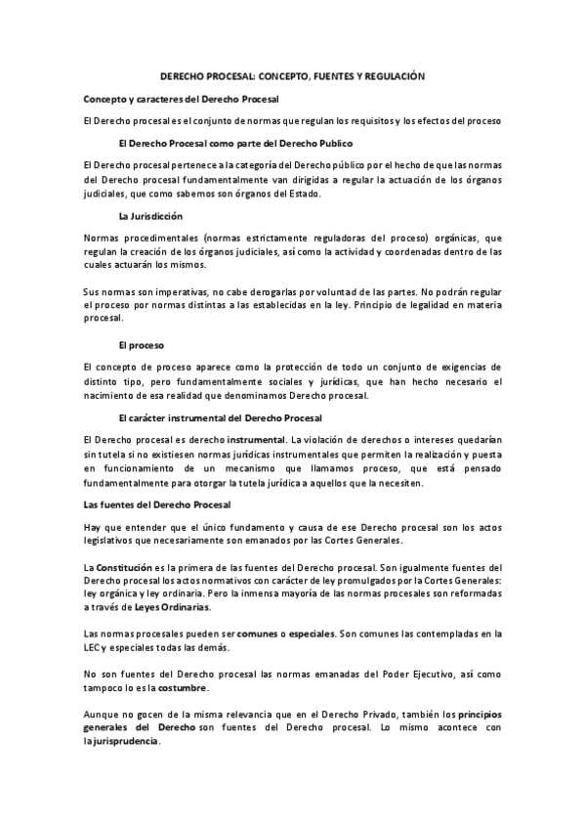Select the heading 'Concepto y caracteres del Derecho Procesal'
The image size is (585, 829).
(x=182, y=100)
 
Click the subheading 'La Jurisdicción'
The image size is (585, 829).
(x=150, y=215)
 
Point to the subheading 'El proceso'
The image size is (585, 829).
(x=138, y=345)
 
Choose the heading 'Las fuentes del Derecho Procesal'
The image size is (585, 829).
(x=157, y=503)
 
